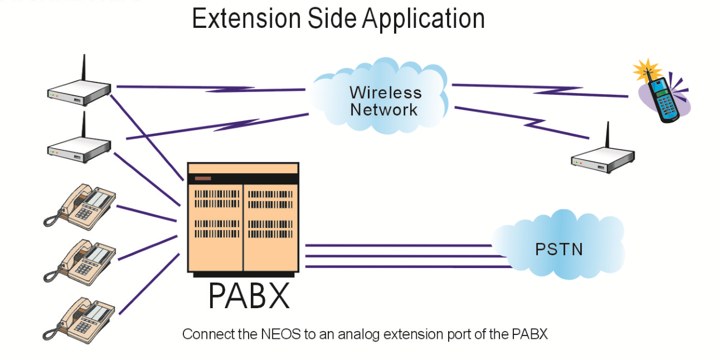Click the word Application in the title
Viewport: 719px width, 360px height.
424,18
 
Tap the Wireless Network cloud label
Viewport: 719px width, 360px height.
385,101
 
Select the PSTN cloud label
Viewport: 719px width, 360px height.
558,249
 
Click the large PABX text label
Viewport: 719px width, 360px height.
249,296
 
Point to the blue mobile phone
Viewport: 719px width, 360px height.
663,99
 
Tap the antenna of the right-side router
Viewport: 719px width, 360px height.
607,137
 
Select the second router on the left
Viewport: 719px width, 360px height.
79,148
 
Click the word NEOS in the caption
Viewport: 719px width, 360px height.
274,334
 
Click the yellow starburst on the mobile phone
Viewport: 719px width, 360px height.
647,71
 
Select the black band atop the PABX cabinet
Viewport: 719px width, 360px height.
243,178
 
